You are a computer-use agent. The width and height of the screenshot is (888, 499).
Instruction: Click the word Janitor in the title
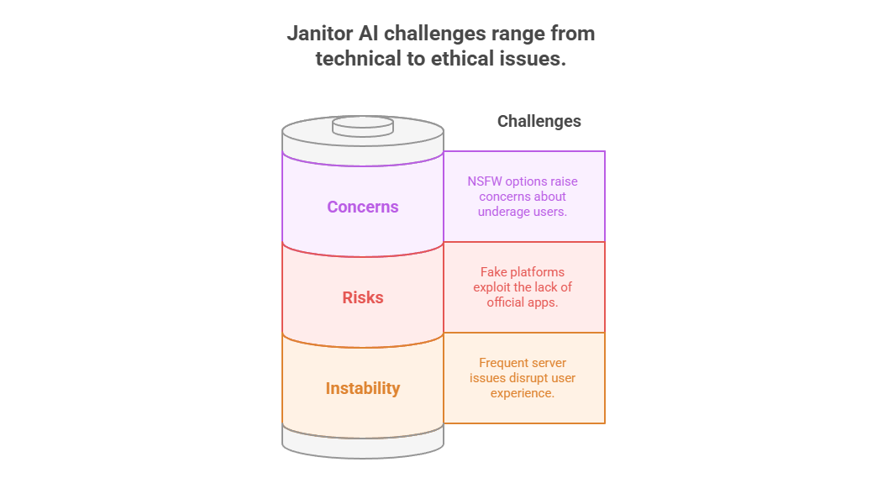tap(320, 34)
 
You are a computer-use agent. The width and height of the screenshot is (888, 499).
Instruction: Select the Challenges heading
tap(539, 121)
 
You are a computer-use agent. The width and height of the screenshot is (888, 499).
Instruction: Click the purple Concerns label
tap(362, 207)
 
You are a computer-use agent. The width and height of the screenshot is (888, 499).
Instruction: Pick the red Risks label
tap(362, 297)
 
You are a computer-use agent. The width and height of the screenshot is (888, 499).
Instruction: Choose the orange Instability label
tap(362, 388)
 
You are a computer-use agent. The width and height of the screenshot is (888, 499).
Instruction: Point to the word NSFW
tap(485, 181)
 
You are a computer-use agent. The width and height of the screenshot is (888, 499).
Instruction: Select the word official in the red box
tap(506, 302)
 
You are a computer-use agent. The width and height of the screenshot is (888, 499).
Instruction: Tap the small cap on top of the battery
tap(362, 126)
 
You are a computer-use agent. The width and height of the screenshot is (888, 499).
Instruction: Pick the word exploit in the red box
tap(492, 287)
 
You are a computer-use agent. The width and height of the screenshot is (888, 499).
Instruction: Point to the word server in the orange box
tap(549, 363)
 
